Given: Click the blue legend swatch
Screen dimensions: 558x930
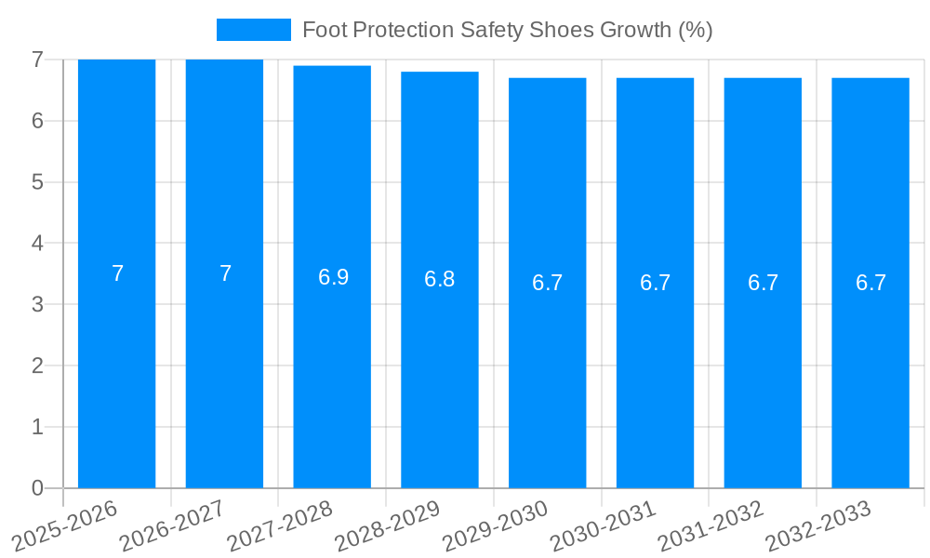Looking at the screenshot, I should pyautogui.click(x=253, y=30).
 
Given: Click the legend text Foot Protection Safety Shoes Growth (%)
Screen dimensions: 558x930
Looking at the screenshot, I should pyautogui.click(x=507, y=30).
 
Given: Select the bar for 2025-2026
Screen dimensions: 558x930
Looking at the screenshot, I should pyautogui.click(x=116, y=372).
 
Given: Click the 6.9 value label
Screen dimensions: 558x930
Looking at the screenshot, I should pyautogui.click(x=333, y=277).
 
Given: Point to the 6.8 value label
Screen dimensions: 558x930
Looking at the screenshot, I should pyautogui.click(x=439, y=279).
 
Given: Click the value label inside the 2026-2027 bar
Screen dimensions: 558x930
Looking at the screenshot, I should pyautogui.click(x=225, y=273).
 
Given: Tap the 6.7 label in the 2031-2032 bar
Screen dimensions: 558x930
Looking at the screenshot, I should pyautogui.click(x=763, y=284).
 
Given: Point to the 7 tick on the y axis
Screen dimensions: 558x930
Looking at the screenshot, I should pyautogui.click(x=37, y=60).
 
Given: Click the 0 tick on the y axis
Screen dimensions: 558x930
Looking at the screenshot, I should pyautogui.click(x=37, y=488).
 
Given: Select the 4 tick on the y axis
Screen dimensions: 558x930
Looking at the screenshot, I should pyautogui.click(x=37, y=244).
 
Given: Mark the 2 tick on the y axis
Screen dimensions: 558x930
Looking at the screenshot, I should pyautogui.click(x=37, y=365).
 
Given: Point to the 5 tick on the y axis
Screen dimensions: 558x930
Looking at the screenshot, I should pyautogui.click(x=37, y=182).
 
